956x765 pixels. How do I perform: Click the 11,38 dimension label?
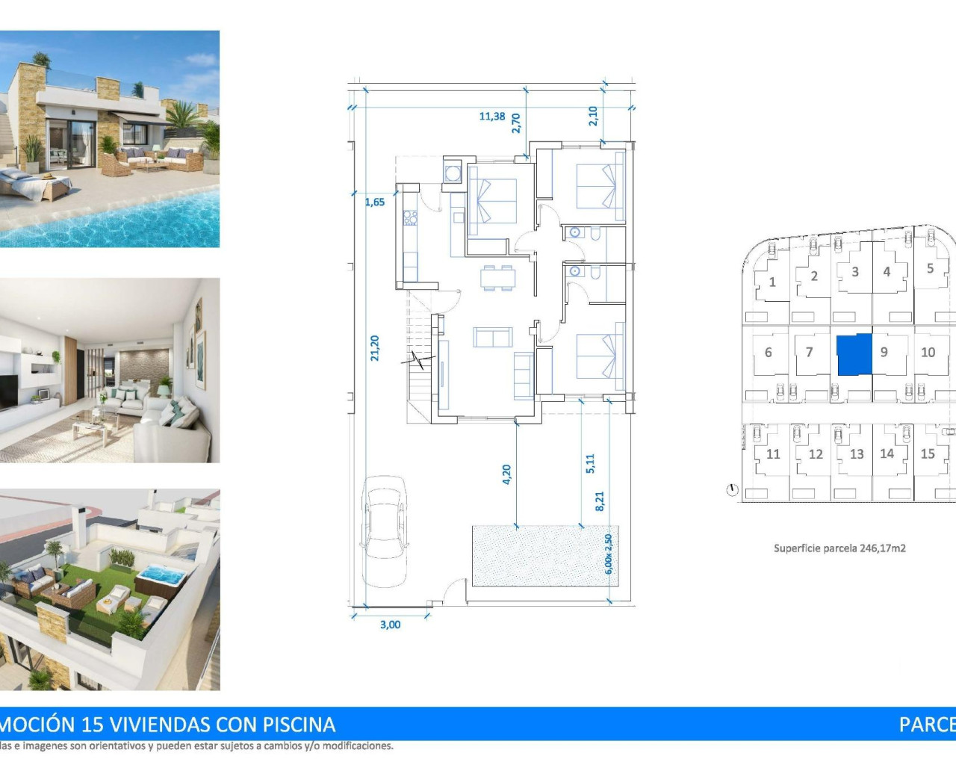[491, 117]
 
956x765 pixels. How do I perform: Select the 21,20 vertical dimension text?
[375, 348]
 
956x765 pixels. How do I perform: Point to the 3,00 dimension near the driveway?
[390, 625]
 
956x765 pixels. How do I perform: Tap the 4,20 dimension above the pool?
[506, 474]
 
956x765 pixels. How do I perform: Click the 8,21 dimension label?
[599, 501]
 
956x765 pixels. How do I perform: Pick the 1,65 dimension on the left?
[375, 202]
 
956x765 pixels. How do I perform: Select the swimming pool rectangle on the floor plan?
[534, 556]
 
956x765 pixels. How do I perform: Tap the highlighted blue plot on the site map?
[854, 355]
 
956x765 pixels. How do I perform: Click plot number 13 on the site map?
[856, 454]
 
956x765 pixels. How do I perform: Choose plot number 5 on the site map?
[930, 268]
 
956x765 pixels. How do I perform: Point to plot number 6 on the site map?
[768, 353]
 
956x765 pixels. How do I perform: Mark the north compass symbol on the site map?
[732, 490]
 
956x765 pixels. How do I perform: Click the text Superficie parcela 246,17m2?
[839, 548]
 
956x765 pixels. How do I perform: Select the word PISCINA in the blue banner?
[299, 725]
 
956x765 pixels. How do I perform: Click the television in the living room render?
[7, 392]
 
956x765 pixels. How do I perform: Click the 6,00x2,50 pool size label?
[609, 554]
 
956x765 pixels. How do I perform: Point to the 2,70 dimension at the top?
[515, 123]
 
